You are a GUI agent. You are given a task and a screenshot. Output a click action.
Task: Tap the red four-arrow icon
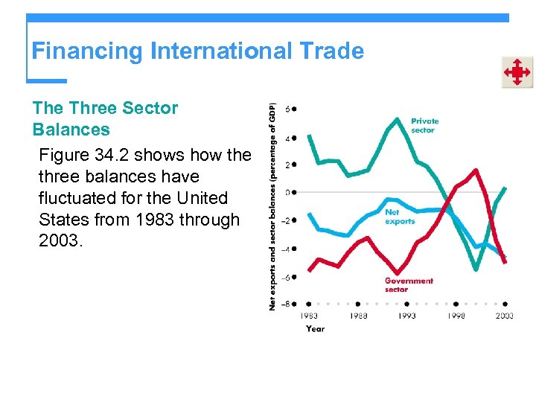517,73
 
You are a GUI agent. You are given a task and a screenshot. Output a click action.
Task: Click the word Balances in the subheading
71,130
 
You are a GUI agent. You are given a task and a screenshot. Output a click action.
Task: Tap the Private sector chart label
425,125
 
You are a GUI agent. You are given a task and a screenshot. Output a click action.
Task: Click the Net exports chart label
400,217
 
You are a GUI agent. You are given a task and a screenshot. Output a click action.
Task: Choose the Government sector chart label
409,284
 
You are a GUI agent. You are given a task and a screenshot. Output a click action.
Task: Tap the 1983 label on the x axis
309,316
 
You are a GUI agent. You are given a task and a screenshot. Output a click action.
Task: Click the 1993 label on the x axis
406,316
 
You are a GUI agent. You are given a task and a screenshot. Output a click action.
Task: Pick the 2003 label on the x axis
504,316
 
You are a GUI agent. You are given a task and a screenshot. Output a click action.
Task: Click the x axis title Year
315,328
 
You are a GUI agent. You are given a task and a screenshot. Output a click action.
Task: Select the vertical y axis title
272,206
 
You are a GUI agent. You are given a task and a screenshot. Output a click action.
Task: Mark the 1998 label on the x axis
456,316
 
